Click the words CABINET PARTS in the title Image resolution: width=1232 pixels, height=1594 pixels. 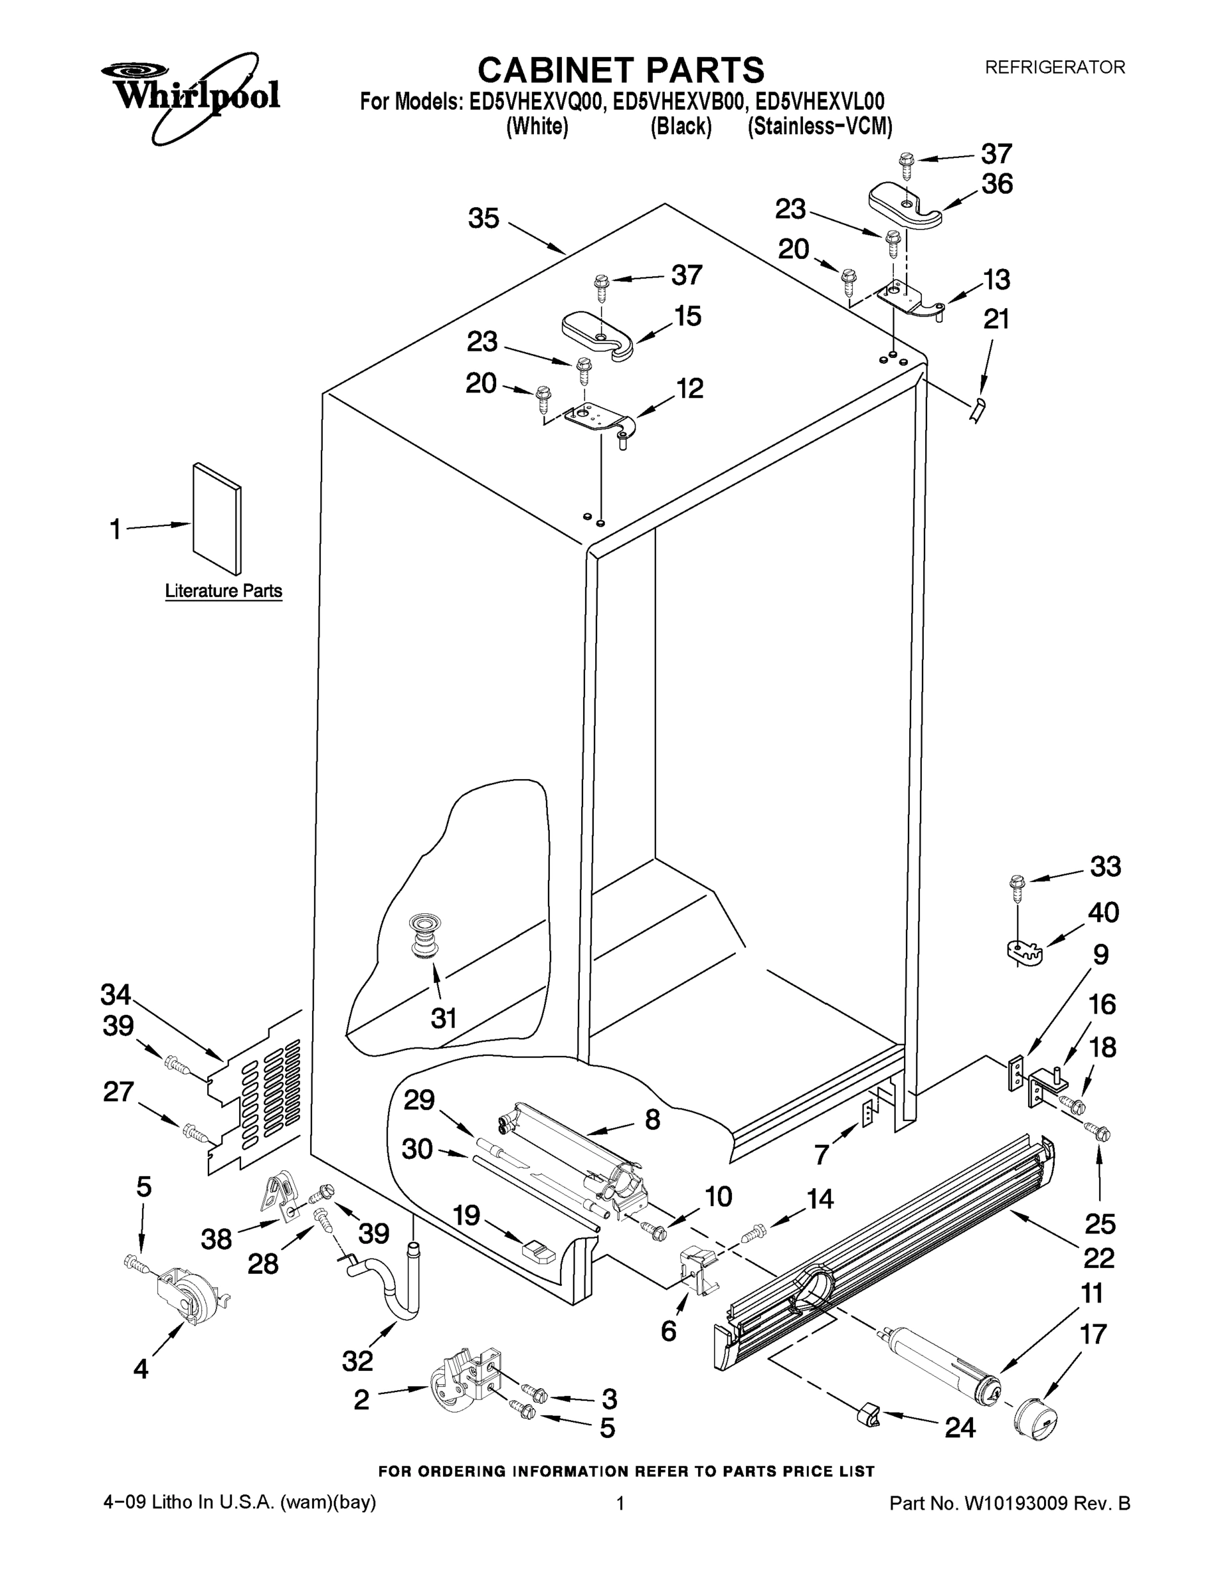tap(620, 71)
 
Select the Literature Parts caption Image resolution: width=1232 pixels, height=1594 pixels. tap(223, 591)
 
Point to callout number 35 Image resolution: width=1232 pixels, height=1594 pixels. tap(483, 219)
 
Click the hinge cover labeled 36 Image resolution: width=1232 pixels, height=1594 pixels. tap(905, 207)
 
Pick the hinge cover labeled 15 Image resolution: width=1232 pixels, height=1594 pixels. tap(597, 335)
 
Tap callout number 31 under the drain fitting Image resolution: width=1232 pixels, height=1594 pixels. tap(444, 1018)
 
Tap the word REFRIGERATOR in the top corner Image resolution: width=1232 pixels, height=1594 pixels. tap(1055, 67)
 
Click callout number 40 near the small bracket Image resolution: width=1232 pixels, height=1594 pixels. tap(1102, 913)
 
